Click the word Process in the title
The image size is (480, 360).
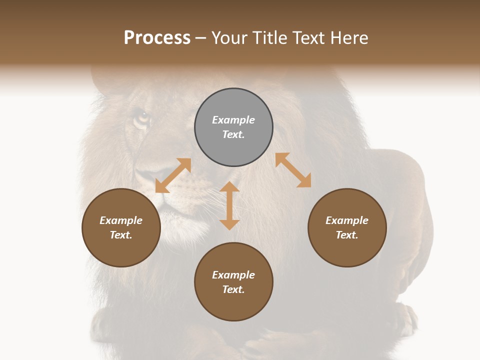coord(157,38)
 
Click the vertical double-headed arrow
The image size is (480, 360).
coord(229,205)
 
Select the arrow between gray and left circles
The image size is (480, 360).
coord(173,175)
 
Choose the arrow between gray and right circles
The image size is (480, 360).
coord(293,170)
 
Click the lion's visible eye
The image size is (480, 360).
coord(143,118)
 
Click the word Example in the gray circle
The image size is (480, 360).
coord(233,120)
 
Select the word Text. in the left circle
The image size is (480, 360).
coord(121,235)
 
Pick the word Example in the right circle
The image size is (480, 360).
coord(347,220)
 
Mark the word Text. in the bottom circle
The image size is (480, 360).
coord(233,289)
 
